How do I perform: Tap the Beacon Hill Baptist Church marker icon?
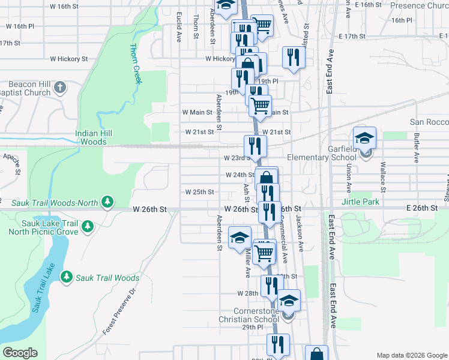point(59,88)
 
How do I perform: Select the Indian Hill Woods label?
point(100,138)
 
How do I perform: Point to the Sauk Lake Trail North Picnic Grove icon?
point(88,226)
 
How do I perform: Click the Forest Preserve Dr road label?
point(120,311)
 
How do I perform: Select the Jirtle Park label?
point(360,202)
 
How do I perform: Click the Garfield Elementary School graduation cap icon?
point(364,138)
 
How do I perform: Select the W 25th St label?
point(200,192)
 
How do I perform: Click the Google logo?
point(20,353)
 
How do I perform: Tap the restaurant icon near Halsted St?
point(294,57)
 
